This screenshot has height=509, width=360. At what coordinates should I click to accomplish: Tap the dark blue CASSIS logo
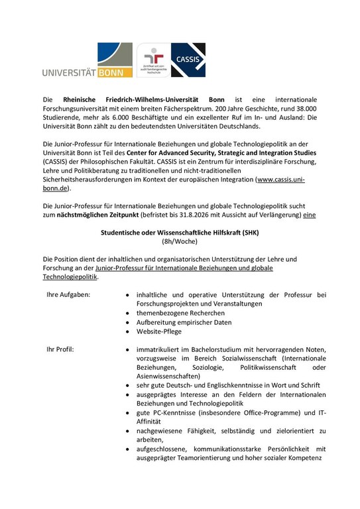click(188, 60)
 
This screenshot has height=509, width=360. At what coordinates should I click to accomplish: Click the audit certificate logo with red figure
click(153, 62)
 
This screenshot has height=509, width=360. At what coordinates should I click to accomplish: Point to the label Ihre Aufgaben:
click(68, 294)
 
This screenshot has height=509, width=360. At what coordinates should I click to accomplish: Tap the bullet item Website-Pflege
click(159, 331)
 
